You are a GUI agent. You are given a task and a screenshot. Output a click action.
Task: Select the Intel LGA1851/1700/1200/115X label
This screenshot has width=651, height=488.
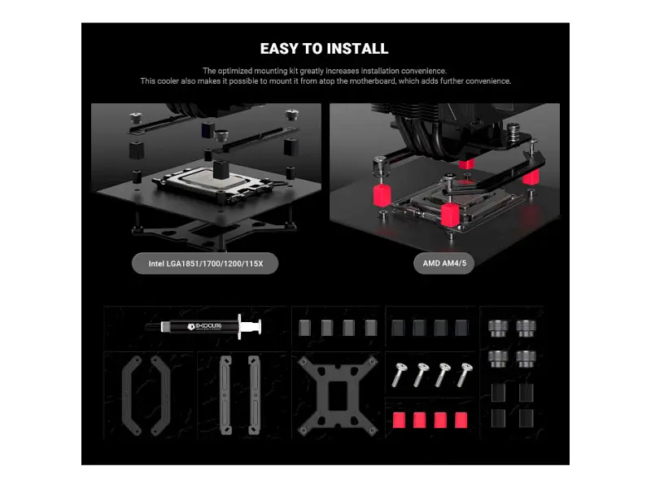pos(205,264)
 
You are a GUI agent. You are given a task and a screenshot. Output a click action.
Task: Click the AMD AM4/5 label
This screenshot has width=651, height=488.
pos(444,263)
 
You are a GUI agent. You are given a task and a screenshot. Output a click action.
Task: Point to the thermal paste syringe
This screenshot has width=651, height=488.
pos(203,327)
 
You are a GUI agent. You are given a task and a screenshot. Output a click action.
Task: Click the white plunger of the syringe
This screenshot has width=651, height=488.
pos(250,327)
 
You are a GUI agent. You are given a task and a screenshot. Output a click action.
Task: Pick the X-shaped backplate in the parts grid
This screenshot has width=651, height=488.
pos(338,395)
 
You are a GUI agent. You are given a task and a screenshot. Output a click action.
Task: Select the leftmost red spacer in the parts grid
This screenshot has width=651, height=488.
pos(399,420)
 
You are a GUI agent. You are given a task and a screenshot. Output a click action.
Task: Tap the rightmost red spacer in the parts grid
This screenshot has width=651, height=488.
pos(461,420)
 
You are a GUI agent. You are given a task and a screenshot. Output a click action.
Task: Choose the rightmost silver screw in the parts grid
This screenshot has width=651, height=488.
pos(465,375)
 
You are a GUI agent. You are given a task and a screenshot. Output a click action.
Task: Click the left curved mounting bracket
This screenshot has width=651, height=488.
pos(132,395)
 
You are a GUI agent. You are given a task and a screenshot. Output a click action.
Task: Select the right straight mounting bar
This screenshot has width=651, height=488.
pos(254,395)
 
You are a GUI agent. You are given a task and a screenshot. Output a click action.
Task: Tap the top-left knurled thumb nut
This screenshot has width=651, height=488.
pos(498,329)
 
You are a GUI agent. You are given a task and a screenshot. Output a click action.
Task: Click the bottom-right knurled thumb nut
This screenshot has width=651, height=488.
pos(526,359)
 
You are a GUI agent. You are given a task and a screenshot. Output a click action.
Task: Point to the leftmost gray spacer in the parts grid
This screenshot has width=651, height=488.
pos(304,328)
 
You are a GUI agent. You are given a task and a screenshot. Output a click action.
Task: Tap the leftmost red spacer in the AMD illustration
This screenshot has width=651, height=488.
pos(382,195)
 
